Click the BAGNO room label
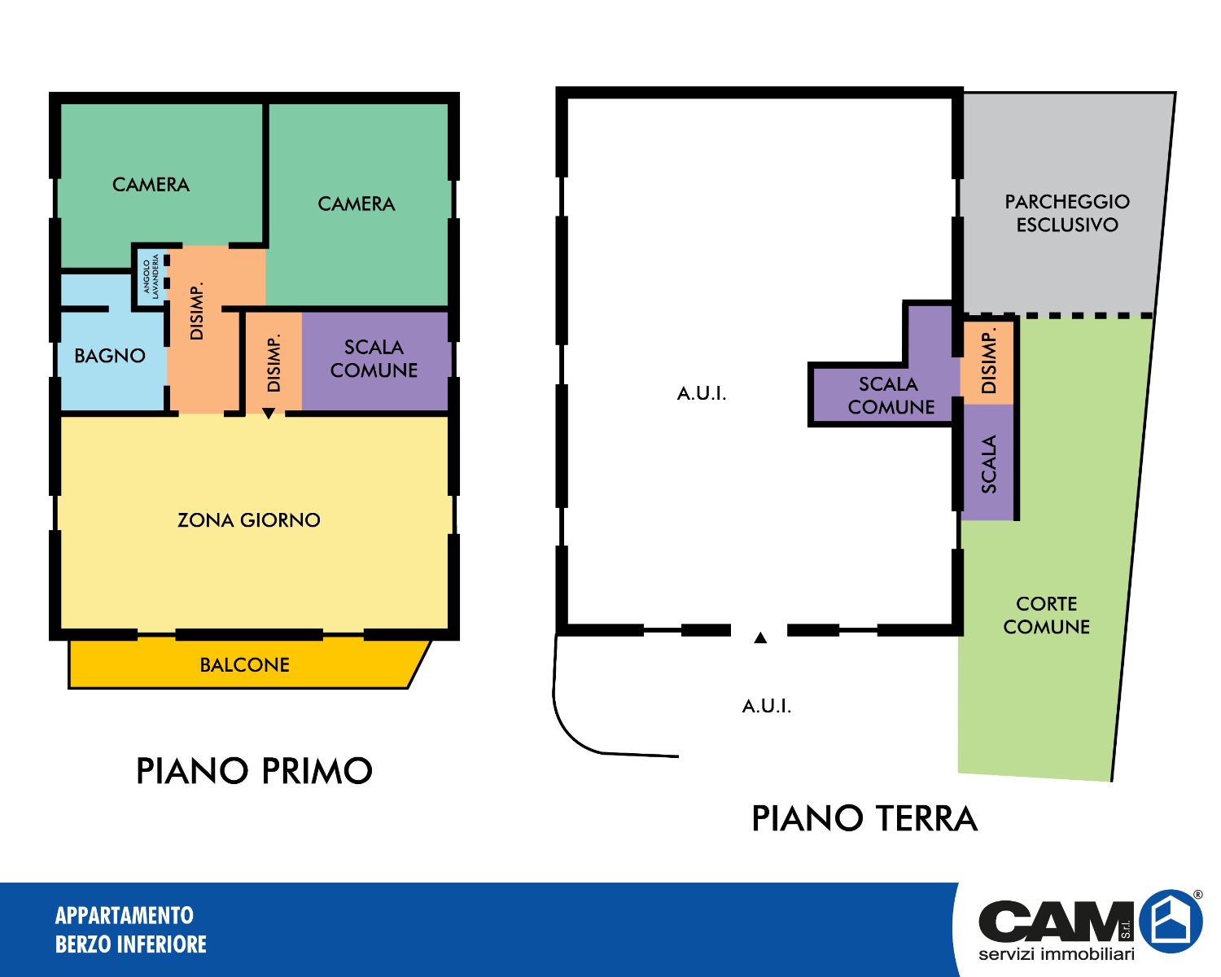click(110, 356)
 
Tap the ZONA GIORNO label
click(248, 520)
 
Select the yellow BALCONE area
click(244, 664)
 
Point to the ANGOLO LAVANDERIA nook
click(151, 277)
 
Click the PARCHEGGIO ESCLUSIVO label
click(1066, 212)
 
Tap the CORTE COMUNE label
click(1046, 615)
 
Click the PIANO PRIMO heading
click(254, 771)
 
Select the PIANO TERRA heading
click(864, 818)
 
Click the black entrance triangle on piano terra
click(760, 637)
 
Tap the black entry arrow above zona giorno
click(269, 414)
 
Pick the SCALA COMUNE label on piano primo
click(374, 359)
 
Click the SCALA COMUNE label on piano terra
click(891, 396)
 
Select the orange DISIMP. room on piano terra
click(988, 362)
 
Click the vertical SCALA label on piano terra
click(988, 464)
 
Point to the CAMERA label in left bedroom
click(151, 185)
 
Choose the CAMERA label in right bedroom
click(356, 204)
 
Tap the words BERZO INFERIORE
click(130, 944)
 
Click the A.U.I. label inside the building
click(702, 393)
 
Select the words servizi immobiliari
click(1056, 953)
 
